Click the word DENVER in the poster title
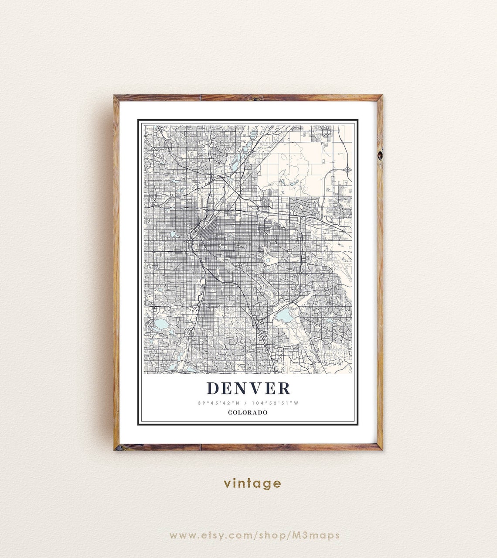click(248, 388)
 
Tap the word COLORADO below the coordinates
click(248, 412)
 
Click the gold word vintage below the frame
click(252, 483)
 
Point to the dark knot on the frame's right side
click(380, 154)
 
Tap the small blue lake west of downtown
click(173, 234)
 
